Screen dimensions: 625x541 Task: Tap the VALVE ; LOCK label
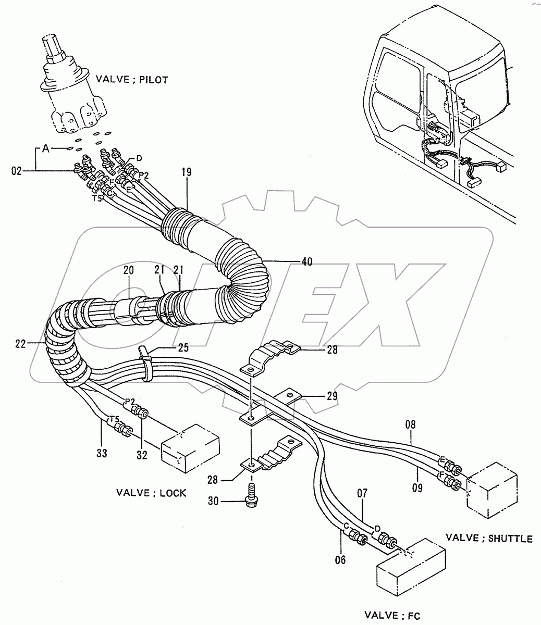click(151, 492)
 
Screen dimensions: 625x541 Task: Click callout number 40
click(306, 262)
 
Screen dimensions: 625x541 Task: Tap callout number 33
click(102, 453)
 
